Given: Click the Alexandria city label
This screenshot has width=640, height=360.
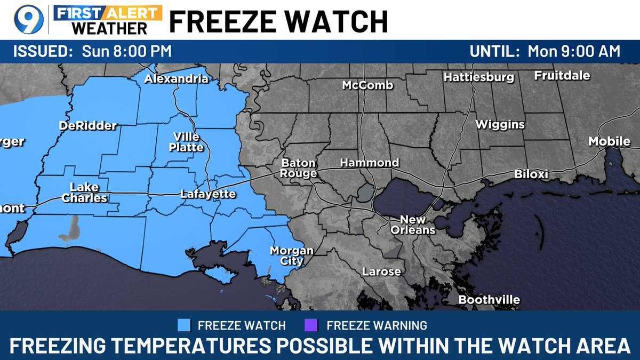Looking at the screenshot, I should [x=177, y=79].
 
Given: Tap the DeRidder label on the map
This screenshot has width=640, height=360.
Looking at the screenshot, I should [x=87, y=126].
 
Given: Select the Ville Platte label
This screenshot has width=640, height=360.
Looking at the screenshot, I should [x=186, y=142].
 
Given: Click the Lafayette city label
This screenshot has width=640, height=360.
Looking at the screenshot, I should [x=207, y=194].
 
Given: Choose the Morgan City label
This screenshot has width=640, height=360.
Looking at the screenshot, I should [x=291, y=255].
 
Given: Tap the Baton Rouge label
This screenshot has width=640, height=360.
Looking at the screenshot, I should [x=299, y=168].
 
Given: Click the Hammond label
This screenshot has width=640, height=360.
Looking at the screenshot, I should [x=370, y=163].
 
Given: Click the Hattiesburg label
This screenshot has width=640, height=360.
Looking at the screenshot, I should [x=478, y=77].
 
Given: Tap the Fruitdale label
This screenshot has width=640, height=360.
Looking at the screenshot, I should [x=562, y=76].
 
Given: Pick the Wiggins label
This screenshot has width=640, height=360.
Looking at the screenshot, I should [x=500, y=125].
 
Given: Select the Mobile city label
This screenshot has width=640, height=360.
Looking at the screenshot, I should [x=609, y=141].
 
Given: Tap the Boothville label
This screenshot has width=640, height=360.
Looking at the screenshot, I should [x=489, y=300].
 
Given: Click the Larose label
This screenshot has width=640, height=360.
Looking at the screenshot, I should [x=381, y=271].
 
